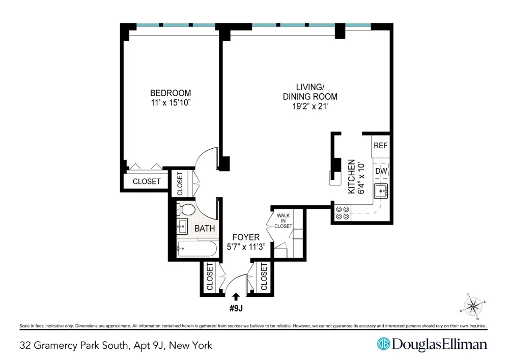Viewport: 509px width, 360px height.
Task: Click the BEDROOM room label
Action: click(171, 93)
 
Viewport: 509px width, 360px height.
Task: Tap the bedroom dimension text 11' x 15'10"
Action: click(171, 103)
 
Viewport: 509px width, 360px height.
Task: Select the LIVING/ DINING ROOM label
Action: click(310, 92)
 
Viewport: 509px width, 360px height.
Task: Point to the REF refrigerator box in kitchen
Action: click(380, 146)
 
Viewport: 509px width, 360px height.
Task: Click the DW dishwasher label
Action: click(381, 171)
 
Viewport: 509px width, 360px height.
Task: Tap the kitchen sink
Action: click(381, 191)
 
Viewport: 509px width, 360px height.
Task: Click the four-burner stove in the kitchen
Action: click(343, 213)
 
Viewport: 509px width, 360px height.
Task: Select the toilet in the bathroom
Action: click(185, 209)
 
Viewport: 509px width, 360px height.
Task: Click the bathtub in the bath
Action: click(196, 249)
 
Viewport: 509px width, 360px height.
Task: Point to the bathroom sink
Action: click(182, 226)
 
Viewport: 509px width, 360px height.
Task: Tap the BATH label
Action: click(205, 229)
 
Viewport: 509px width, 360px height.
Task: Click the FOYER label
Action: click(246, 237)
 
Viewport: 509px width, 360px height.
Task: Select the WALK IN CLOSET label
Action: click(283, 221)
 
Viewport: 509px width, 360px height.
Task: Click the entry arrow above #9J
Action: click(236, 297)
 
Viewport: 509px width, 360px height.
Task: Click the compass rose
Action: click(473, 306)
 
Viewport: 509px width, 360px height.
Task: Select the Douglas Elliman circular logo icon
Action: click(383, 344)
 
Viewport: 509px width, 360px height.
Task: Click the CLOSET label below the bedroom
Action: click(147, 181)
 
